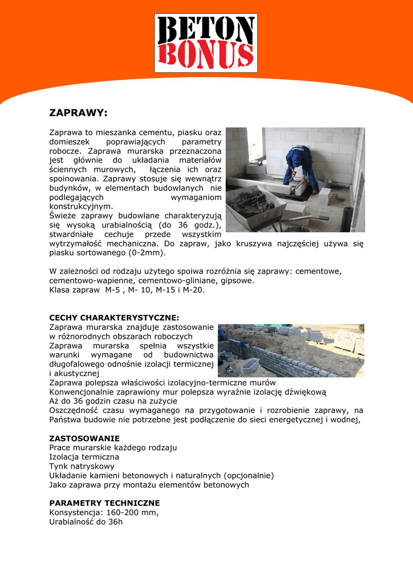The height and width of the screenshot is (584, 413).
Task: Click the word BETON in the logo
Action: pos(206,31)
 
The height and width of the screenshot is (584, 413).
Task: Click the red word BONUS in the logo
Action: pos(206,56)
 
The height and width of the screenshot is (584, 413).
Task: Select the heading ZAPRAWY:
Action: pos(78,112)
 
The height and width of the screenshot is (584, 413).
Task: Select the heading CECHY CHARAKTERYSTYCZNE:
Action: pos(114,317)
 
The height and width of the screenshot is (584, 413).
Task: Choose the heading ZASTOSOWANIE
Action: pos(84,439)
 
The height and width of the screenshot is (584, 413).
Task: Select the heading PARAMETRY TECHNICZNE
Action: pos(104,503)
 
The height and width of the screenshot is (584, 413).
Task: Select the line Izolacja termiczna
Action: pos(84,457)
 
